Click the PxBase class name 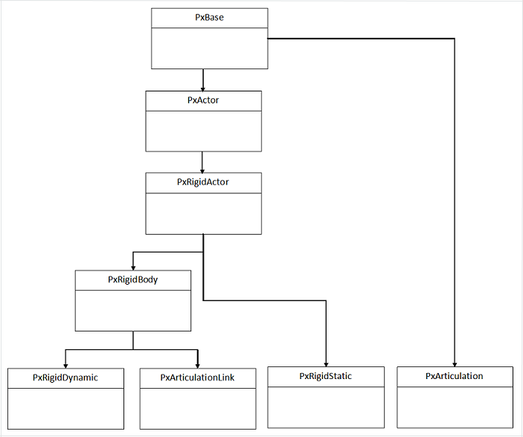click(209, 18)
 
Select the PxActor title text click(203, 100)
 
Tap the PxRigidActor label click(203, 182)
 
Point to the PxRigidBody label click(133, 279)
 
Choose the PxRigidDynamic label click(65, 378)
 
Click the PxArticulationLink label click(198, 378)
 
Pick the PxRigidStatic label click(326, 376)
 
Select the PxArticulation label click(455, 376)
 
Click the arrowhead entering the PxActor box click(203, 87)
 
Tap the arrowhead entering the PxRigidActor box click(203, 169)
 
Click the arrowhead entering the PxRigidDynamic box click(65, 363)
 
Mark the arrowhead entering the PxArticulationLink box click(198, 363)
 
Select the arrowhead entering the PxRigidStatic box click(326, 362)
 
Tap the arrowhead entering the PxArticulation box click(455, 362)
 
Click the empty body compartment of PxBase click(209, 48)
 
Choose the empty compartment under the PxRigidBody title click(133, 310)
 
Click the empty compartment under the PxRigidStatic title click(326, 407)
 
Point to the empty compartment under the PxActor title click(203, 131)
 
